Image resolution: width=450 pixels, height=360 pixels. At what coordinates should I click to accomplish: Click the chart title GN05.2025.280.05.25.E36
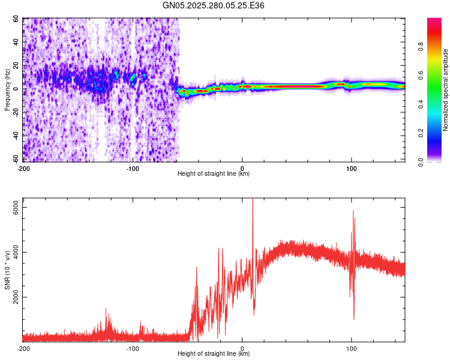(x=214, y=5)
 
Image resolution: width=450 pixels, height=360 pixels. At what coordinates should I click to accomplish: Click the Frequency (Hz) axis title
(x=8, y=90)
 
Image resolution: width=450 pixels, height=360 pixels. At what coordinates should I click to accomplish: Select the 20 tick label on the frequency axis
(x=16, y=65)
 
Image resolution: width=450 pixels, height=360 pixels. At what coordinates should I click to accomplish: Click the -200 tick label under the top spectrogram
(x=23, y=167)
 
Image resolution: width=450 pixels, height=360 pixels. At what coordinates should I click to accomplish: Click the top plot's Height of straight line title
(x=214, y=173)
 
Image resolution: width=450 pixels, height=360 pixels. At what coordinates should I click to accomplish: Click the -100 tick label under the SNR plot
(x=133, y=348)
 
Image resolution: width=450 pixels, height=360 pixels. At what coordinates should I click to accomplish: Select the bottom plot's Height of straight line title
(x=214, y=353)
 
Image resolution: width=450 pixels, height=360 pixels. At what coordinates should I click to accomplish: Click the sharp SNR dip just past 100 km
(x=353, y=318)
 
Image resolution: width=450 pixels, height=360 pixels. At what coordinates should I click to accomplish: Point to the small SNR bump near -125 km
(x=107, y=311)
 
